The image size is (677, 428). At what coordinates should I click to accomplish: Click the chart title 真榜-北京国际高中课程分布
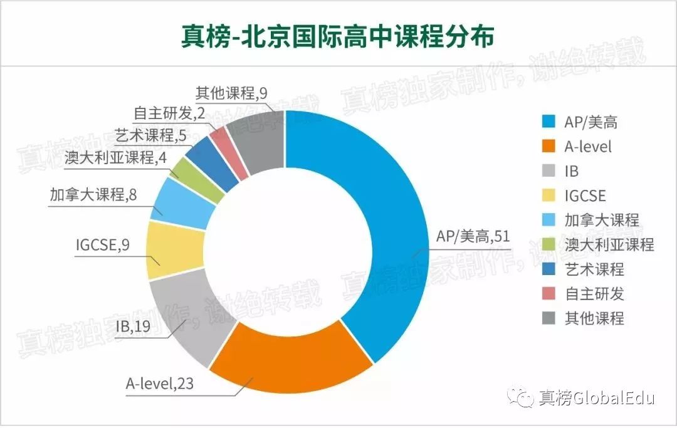click(x=338, y=36)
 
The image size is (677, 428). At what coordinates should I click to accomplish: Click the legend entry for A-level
click(x=587, y=147)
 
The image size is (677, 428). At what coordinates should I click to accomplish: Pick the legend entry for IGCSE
click(x=585, y=196)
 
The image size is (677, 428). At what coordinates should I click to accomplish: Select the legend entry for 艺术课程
click(x=594, y=269)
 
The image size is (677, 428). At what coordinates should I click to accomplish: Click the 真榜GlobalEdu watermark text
click(x=596, y=397)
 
